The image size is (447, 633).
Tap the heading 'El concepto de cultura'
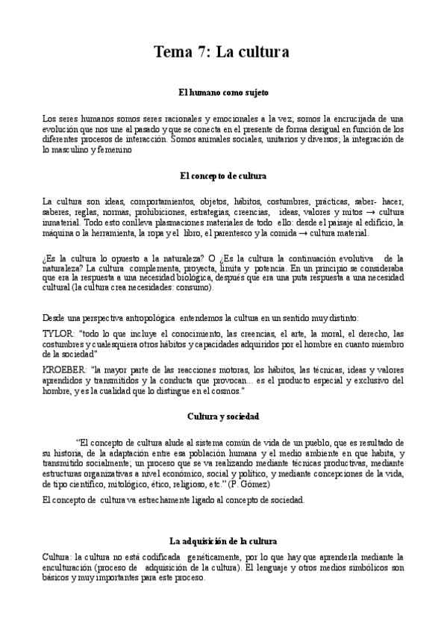(223, 175)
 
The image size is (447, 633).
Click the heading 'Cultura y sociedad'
(223, 416)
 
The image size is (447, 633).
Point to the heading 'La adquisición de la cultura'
(223, 540)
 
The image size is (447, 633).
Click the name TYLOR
(57, 334)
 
